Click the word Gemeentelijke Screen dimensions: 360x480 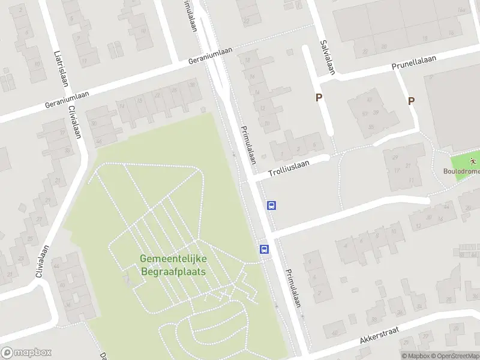point(173,259)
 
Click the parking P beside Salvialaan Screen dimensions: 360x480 point(319,98)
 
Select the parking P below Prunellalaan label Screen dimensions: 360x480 point(411,101)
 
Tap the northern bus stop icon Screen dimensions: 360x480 point(272,206)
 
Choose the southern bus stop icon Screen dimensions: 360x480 point(264,249)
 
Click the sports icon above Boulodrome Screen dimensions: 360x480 point(473,161)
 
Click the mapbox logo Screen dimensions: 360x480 point(26,353)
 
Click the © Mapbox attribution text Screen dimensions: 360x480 point(416,356)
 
